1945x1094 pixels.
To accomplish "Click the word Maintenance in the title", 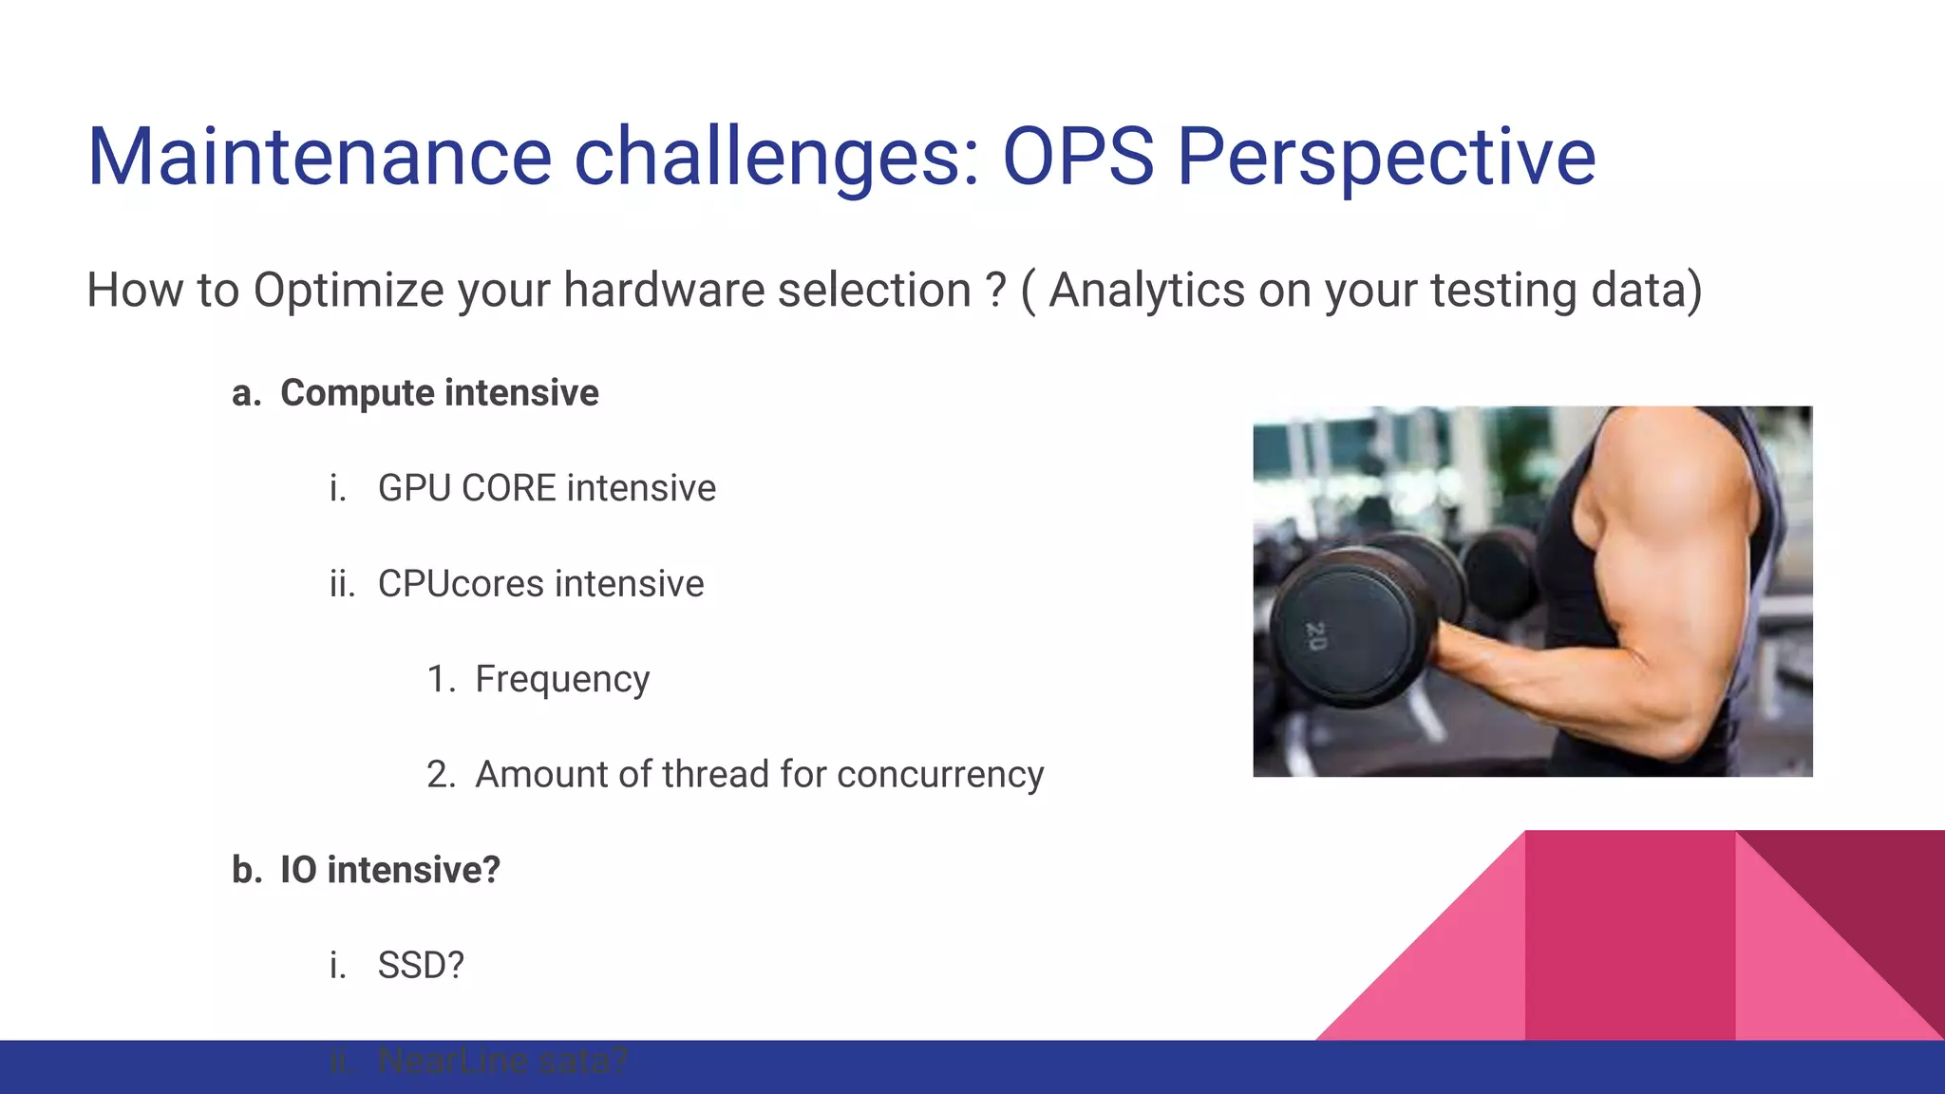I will (x=319, y=157).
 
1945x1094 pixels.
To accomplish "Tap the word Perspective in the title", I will (x=1387, y=157).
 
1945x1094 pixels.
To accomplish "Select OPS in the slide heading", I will (x=1078, y=157).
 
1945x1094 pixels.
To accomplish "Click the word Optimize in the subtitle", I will (x=348, y=291).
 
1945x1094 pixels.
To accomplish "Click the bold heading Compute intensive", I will (x=439, y=393).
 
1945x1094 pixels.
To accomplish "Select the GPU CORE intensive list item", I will (x=546, y=488).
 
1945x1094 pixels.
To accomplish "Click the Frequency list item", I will (x=562, y=680).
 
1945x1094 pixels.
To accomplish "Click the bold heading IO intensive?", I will (x=389, y=870).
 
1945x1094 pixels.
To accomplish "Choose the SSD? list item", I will (x=421, y=966).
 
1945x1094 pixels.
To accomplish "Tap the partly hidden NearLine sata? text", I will (x=502, y=1061).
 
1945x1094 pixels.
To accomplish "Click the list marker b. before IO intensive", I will (x=247, y=870).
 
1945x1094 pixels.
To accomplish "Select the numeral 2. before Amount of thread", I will (x=441, y=775).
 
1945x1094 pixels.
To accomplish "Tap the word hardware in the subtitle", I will (x=664, y=291).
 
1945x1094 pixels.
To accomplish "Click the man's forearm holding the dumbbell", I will (x=1558, y=684).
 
